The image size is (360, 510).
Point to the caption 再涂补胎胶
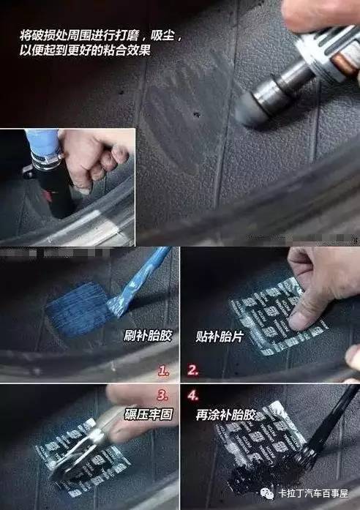point(222,413)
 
